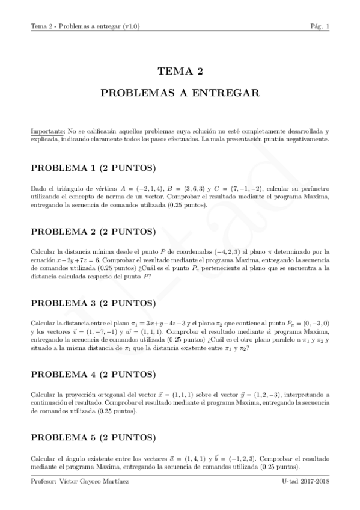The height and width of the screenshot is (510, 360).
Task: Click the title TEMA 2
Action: [x=180, y=72]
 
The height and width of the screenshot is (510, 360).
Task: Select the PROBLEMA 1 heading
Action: [x=93, y=167]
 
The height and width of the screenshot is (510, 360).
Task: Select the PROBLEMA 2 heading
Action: [x=93, y=231]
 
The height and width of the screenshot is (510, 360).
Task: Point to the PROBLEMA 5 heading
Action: [x=93, y=437]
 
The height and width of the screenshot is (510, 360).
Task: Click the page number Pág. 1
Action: [x=319, y=26]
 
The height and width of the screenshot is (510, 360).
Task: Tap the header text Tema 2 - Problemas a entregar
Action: [x=85, y=26]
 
